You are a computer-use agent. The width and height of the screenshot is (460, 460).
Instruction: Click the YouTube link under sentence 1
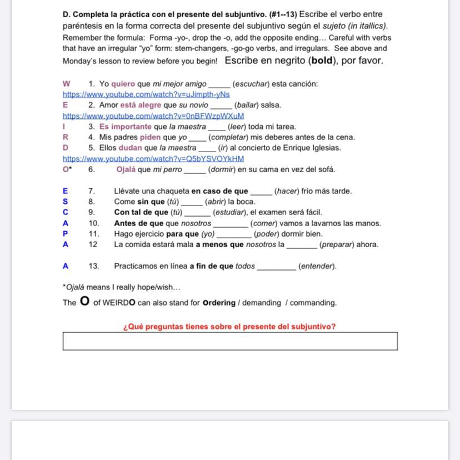(x=146, y=94)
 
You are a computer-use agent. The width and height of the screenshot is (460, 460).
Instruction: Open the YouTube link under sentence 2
(x=153, y=116)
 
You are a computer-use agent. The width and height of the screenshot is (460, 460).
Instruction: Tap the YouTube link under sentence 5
(x=153, y=159)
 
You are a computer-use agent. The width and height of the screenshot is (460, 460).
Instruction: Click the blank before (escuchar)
(x=219, y=84)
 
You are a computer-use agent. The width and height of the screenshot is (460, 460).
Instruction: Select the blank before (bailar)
(x=221, y=106)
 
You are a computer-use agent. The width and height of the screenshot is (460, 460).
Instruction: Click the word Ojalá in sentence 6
(x=126, y=169)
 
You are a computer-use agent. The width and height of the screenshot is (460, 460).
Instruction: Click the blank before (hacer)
(x=261, y=192)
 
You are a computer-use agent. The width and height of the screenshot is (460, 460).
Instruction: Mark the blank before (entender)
(x=277, y=267)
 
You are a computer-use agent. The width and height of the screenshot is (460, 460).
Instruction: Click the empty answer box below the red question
(x=230, y=341)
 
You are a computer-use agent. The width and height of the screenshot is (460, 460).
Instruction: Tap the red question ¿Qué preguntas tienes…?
(x=229, y=327)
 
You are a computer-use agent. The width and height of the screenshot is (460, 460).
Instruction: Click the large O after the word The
(x=84, y=302)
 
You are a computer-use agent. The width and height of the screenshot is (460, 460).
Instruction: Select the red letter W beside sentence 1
(x=67, y=84)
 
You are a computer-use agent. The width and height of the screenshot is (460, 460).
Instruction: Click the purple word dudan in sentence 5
(x=131, y=148)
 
